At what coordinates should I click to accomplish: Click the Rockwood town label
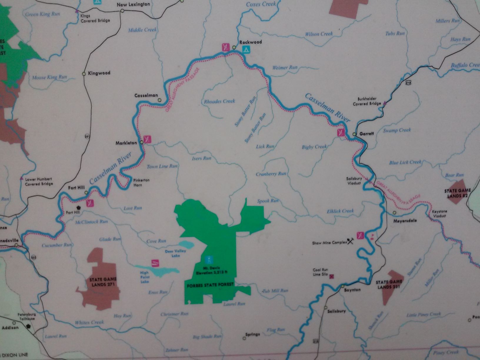250,42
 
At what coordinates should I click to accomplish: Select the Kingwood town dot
84,74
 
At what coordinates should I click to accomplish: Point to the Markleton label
126,143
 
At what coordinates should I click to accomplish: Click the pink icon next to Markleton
147,139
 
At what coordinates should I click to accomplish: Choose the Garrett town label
367,134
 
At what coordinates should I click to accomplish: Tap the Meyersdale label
405,220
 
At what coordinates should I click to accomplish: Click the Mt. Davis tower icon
209,260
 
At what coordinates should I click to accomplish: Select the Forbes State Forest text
210,285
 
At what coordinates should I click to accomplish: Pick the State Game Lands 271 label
103,282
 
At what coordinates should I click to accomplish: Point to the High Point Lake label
145,277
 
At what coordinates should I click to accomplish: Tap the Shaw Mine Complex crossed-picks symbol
350,241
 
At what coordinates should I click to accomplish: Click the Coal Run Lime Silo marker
332,276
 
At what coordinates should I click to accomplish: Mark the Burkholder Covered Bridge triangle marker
384,103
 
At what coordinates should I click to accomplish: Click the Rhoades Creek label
219,101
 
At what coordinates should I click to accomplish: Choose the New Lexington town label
133,4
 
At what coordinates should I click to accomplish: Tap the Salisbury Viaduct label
354,181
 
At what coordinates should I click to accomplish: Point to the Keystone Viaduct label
439,214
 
